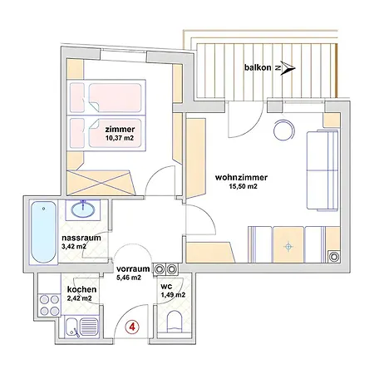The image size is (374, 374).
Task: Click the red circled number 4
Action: (x=132, y=327)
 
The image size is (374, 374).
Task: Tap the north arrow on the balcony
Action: (x=288, y=68)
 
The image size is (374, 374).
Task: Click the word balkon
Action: (x=258, y=67)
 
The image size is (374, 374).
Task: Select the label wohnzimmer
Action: (x=241, y=177)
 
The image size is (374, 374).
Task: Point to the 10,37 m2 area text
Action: (x=120, y=138)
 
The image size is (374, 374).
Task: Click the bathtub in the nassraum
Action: (x=44, y=232)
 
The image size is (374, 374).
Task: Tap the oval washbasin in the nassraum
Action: (x=83, y=209)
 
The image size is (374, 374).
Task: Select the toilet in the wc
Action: (x=175, y=322)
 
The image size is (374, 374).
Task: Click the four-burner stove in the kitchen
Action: (x=50, y=305)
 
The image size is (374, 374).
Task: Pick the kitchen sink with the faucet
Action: (x=81, y=327)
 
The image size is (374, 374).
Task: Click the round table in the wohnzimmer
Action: (x=284, y=130)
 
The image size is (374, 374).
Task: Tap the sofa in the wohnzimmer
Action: (x=322, y=170)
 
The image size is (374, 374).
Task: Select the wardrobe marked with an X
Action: (x=101, y=183)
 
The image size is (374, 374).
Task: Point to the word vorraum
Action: (x=133, y=268)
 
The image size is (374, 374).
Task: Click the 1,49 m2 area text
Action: (x=173, y=295)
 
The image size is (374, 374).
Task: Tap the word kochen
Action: (x=81, y=289)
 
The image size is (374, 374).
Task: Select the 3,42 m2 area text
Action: (x=74, y=246)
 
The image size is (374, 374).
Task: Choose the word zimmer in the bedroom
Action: (x=120, y=129)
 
